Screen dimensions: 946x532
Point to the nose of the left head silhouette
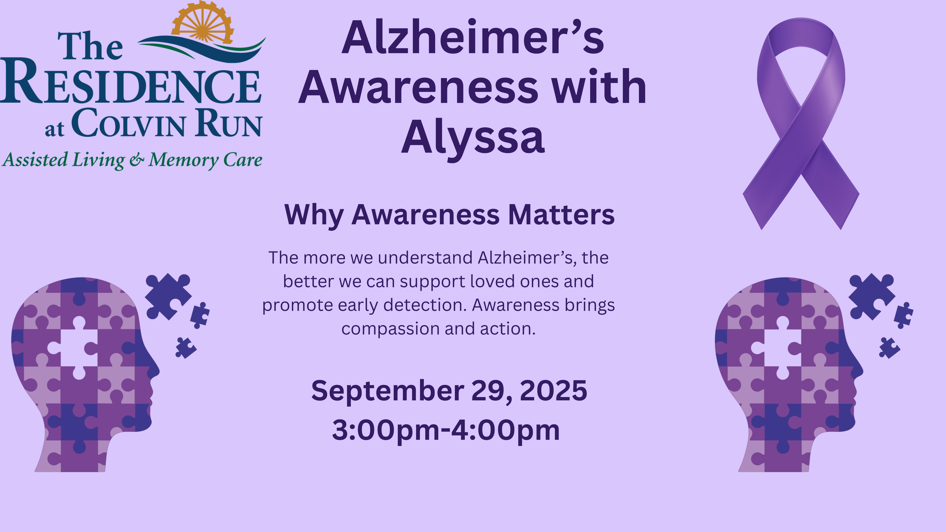[x=157, y=370]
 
